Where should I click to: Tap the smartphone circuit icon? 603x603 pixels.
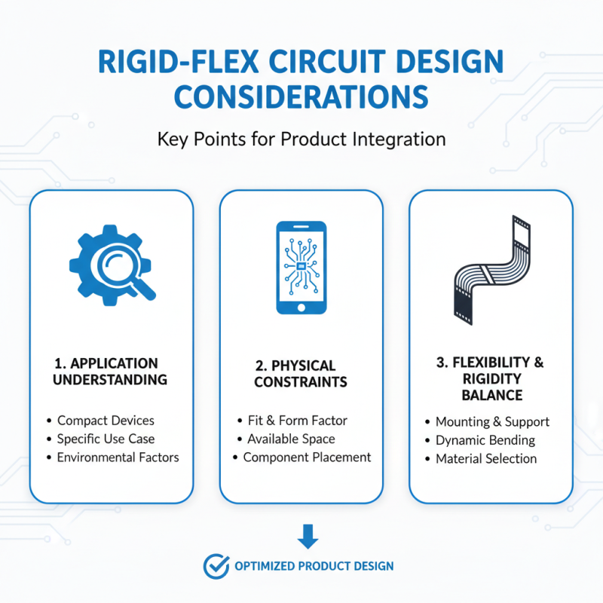coord(301,268)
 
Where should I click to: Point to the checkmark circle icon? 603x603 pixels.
coord(216,565)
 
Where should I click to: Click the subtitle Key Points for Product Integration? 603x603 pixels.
coord(301,139)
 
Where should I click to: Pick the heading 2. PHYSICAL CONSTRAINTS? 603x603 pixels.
coord(301,374)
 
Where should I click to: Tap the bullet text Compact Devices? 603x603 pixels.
coord(106,420)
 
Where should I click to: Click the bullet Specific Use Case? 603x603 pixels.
coord(106,439)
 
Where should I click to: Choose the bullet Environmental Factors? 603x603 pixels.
coord(118,457)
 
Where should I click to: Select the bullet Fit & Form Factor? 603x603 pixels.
coord(297,420)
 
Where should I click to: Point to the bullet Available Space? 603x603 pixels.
coord(291,439)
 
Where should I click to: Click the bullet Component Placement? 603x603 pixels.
coord(307,457)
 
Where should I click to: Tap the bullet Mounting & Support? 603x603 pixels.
coord(492,421)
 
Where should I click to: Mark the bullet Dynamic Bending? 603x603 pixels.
coord(485,440)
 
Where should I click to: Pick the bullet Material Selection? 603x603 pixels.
coord(486,458)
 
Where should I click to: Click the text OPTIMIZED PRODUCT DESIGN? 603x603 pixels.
coord(313,565)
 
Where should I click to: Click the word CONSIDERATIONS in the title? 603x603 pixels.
coord(301,96)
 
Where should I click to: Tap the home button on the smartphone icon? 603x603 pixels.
coord(301,307)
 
